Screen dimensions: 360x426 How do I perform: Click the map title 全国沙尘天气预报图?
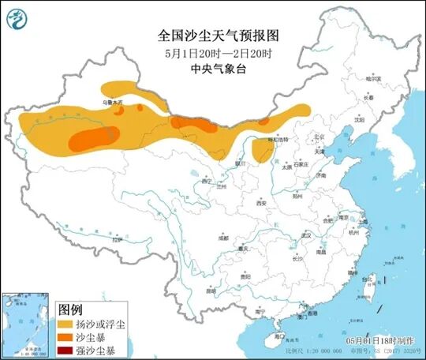[213, 36]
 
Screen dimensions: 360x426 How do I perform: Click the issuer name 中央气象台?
[213, 69]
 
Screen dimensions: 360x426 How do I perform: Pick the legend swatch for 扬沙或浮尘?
[67, 323]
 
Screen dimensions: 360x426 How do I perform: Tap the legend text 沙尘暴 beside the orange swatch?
[99, 337]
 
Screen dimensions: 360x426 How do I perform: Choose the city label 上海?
[364, 223]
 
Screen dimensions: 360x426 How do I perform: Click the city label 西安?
[261, 203]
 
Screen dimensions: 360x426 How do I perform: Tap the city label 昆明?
[211, 290]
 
